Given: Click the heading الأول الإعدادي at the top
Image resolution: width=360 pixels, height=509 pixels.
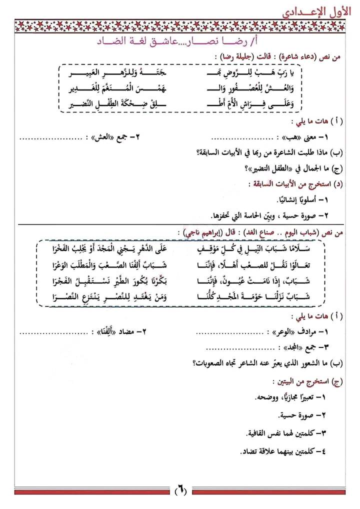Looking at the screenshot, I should [x=315, y=10].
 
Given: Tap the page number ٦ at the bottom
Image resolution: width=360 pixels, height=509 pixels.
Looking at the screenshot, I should [x=179, y=491].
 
